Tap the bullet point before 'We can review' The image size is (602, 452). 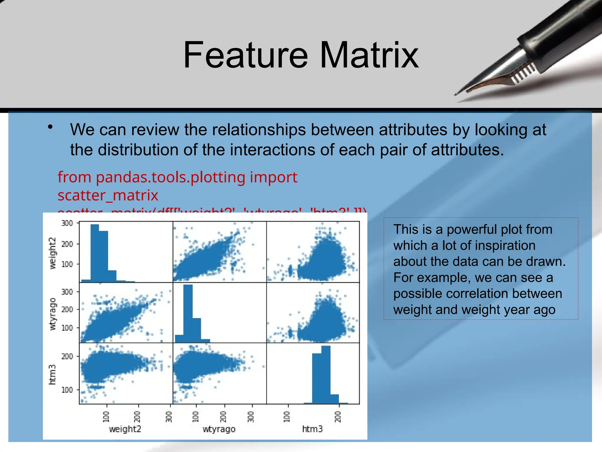coord(50,127)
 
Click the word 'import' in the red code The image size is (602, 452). coord(273,177)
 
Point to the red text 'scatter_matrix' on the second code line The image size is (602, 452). coord(108,195)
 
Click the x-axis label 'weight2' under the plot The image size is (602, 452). coord(125,429)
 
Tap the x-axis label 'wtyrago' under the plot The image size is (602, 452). coord(219,429)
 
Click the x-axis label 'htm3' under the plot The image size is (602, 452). coord(312,429)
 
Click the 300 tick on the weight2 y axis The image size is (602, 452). coord(67,223)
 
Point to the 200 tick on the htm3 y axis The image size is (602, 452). coord(67,356)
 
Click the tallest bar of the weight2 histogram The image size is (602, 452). coord(95,253)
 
